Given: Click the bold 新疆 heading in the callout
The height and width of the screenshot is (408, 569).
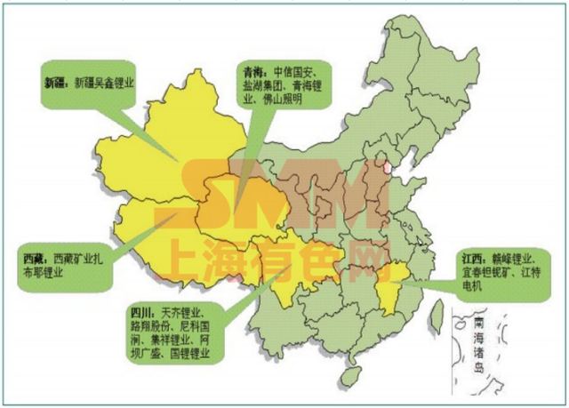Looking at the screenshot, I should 56,82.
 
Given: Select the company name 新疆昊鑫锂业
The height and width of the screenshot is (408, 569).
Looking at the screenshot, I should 104,82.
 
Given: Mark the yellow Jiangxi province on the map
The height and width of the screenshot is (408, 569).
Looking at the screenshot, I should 389,289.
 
